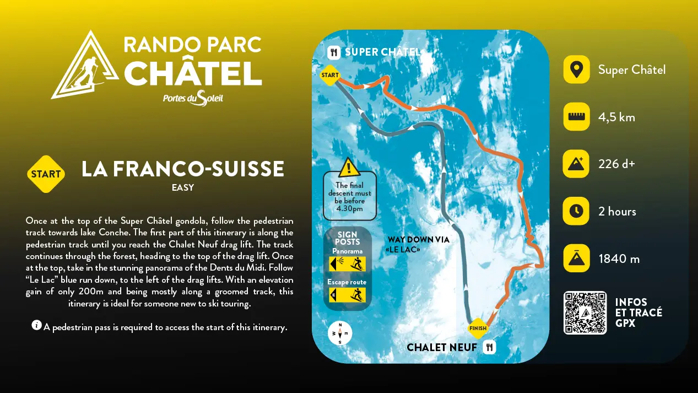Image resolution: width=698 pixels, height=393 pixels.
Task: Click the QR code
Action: coord(585,313)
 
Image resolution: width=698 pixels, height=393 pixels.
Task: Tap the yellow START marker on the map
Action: coord(329,75)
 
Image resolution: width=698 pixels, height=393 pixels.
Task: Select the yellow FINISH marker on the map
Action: coord(478,329)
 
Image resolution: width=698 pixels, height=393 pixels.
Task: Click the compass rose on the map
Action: coord(340,333)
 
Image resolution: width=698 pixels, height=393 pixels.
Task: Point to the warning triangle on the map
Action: coord(349,168)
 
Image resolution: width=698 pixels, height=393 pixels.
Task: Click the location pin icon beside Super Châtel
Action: coord(576,70)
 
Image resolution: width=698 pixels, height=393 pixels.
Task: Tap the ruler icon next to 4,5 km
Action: coord(576,117)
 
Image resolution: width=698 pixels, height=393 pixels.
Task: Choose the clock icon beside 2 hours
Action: coord(576,211)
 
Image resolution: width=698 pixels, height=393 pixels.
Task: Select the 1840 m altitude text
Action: coord(619,259)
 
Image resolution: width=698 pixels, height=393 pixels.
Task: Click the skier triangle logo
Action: coord(85,66)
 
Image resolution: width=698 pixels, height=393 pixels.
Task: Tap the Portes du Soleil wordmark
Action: coord(193,98)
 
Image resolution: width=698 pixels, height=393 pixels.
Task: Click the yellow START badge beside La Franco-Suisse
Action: coord(46,174)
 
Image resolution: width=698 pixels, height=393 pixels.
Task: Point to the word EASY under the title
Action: coord(183,187)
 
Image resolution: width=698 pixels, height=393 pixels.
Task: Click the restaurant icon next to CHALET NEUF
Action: coord(489,347)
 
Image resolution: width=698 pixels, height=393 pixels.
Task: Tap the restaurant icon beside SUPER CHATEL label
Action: coord(333,53)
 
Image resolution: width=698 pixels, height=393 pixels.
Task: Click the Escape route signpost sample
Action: coord(347,294)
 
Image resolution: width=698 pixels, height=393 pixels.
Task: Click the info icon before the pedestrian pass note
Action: coord(36,326)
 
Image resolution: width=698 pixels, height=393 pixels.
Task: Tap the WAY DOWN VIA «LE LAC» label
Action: coord(418,244)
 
